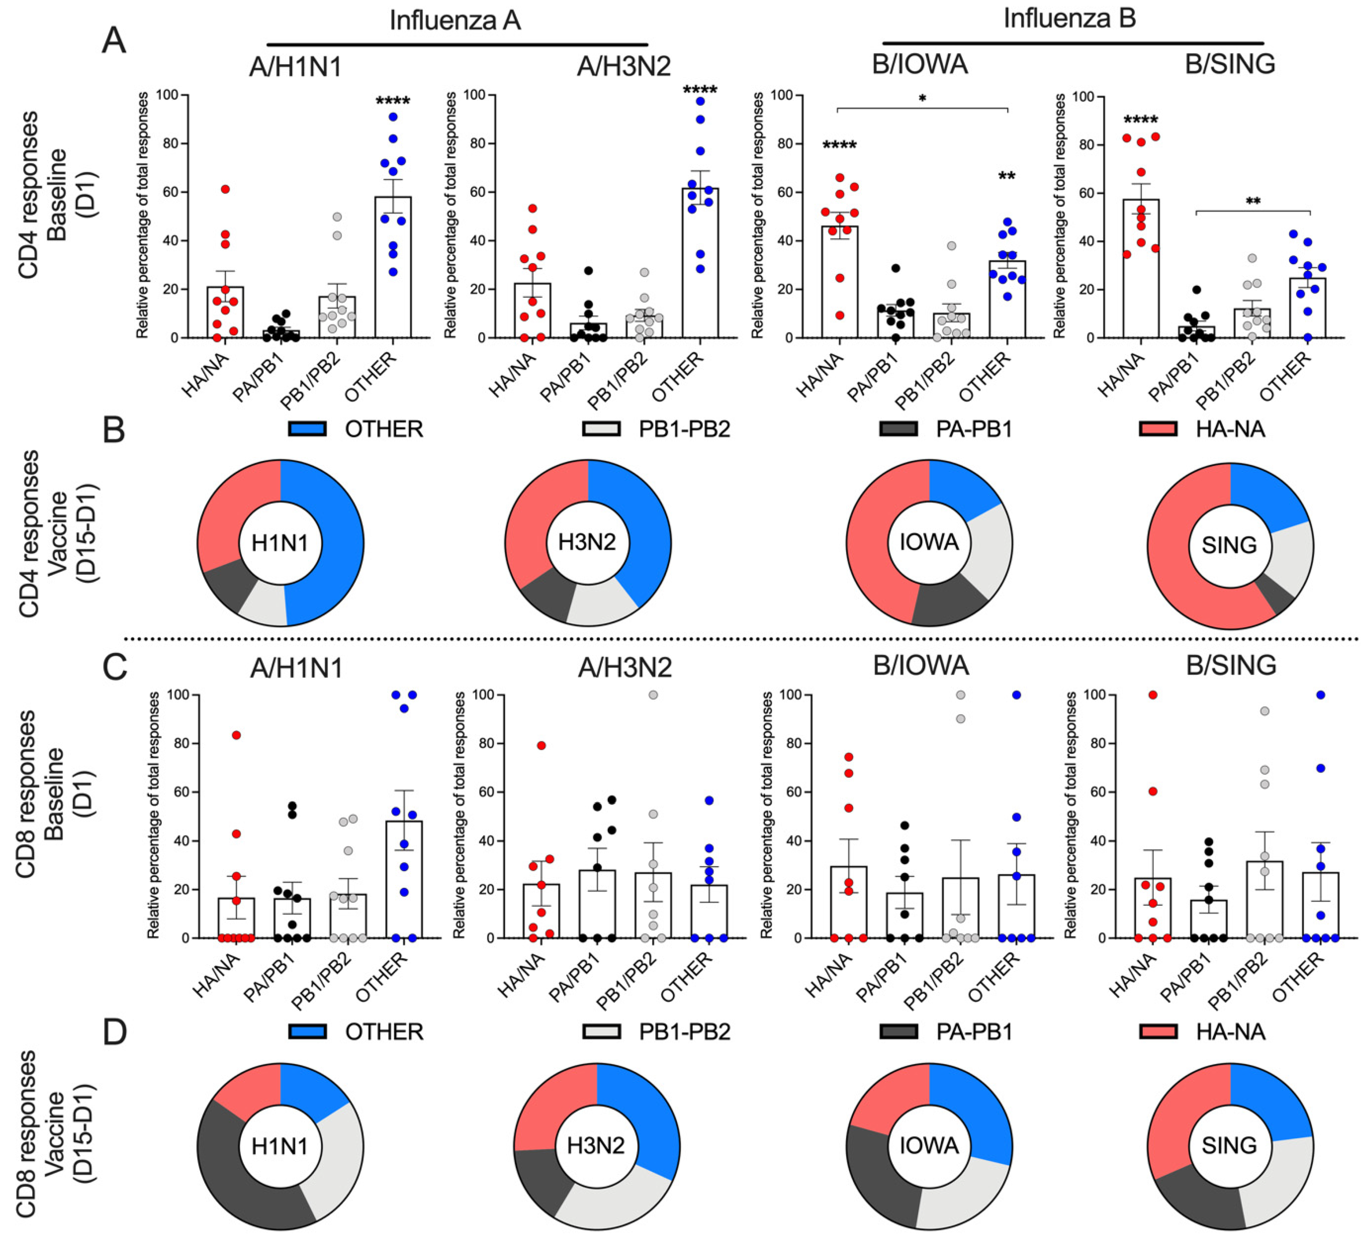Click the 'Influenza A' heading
click(x=455, y=20)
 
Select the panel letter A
click(x=114, y=41)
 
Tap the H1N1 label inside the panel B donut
click(x=280, y=543)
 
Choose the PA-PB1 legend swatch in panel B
click(x=898, y=429)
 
